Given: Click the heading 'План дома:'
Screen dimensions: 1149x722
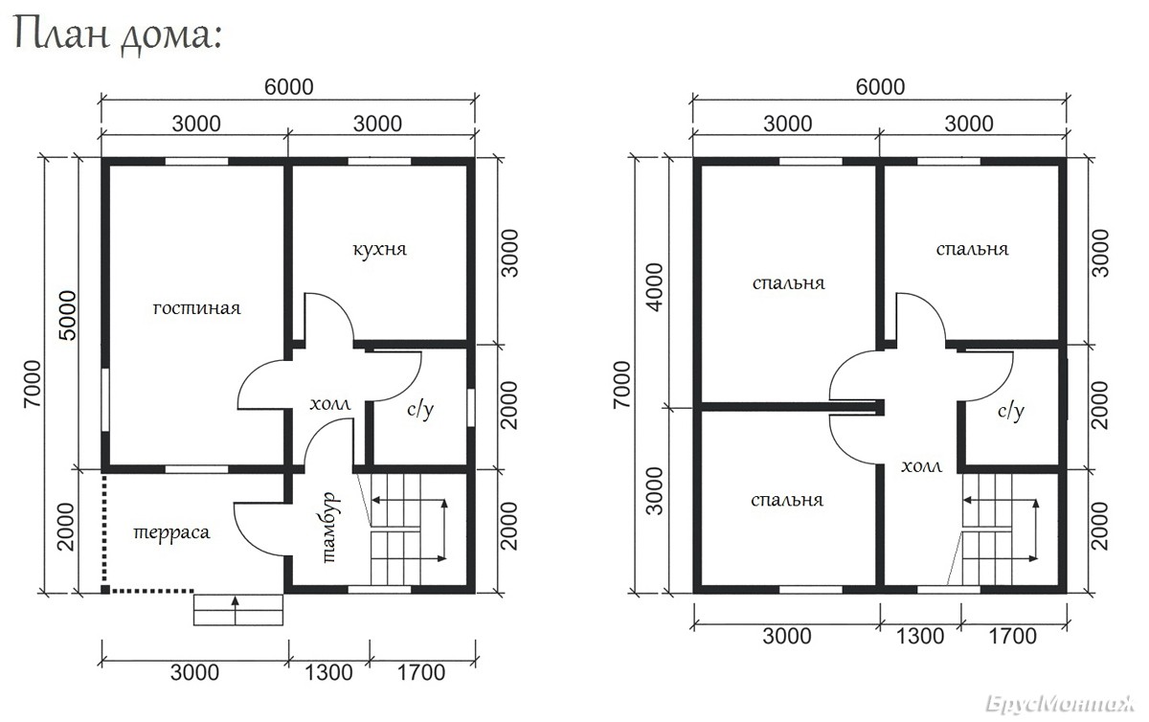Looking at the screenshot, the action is point(118,34).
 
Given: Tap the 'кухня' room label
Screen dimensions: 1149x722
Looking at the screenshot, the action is point(379,249).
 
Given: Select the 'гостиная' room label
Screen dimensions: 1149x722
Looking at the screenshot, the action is point(197,308).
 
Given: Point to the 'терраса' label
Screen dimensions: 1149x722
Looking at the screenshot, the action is point(171,532).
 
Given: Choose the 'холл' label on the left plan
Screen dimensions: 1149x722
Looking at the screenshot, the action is point(330,404).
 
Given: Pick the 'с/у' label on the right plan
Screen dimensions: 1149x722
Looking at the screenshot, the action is point(1011,411).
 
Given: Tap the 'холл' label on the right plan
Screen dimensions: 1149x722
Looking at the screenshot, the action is point(922,466).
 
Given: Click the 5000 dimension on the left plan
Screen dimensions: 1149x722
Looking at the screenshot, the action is point(68,315).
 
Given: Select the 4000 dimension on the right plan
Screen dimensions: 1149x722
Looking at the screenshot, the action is point(655,287).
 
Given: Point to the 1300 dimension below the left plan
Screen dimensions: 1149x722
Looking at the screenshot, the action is point(328,672).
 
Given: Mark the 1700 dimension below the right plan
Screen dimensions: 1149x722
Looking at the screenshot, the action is point(1013,637).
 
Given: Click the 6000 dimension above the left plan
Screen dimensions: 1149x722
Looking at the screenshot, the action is point(289,87).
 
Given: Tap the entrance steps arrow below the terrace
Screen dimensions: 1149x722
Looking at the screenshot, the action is point(236,609).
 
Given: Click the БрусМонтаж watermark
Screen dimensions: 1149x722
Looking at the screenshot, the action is point(1061,704).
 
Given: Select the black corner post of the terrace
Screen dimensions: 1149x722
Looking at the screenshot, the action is point(104,589).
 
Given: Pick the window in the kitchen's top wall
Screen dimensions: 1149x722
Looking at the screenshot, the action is point(379,162).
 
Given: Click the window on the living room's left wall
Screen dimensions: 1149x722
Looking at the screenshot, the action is point(105,399).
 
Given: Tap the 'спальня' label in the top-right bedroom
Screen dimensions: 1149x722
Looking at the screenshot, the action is point(972,249).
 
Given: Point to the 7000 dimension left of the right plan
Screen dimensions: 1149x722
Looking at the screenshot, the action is point(621,384).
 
